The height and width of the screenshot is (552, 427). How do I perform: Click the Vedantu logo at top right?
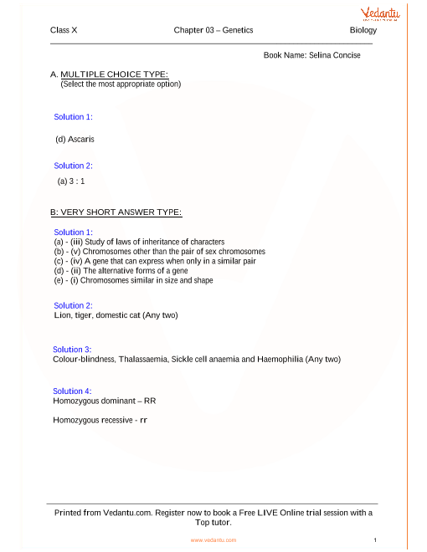point(379,15)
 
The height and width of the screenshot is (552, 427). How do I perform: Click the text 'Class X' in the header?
point(64,30)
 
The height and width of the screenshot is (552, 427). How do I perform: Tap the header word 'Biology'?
point(363,30)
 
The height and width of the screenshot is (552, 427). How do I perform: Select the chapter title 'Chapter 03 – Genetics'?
point(213,30)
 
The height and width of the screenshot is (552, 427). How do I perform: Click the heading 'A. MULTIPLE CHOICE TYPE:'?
point(109,74)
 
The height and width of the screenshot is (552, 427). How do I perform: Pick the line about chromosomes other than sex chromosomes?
point(159,252)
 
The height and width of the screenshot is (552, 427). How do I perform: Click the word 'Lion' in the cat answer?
point(60,315)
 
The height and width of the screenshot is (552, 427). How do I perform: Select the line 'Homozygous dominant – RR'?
point(104,401)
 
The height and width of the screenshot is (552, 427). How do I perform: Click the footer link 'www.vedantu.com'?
point(213,540)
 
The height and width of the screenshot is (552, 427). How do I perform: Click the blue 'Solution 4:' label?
point(72,391)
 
